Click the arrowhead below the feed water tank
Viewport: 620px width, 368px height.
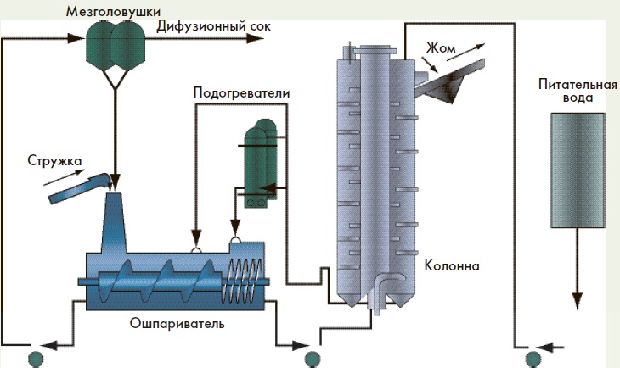(x=577, y=300)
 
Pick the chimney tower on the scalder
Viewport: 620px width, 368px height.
(x=115, y=225)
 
